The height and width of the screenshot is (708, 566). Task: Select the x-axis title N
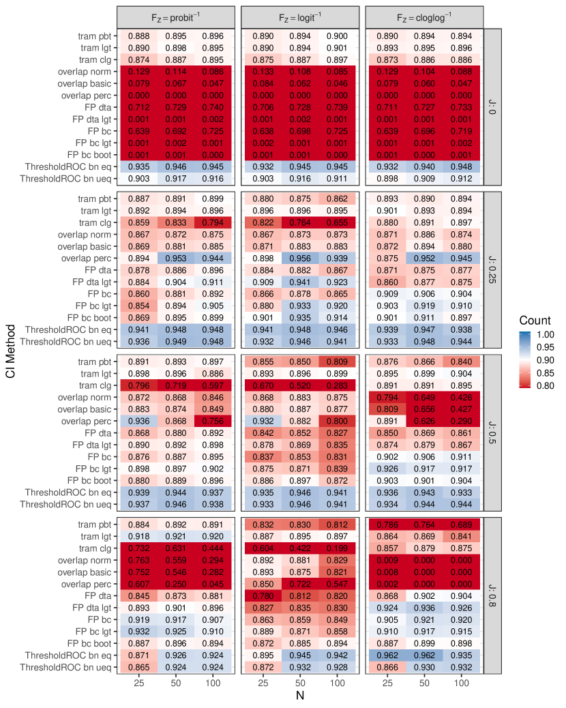299,696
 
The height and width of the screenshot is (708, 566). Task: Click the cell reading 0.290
462,422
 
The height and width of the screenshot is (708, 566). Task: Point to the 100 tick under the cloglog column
462,682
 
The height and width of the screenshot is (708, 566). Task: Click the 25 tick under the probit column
139,682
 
